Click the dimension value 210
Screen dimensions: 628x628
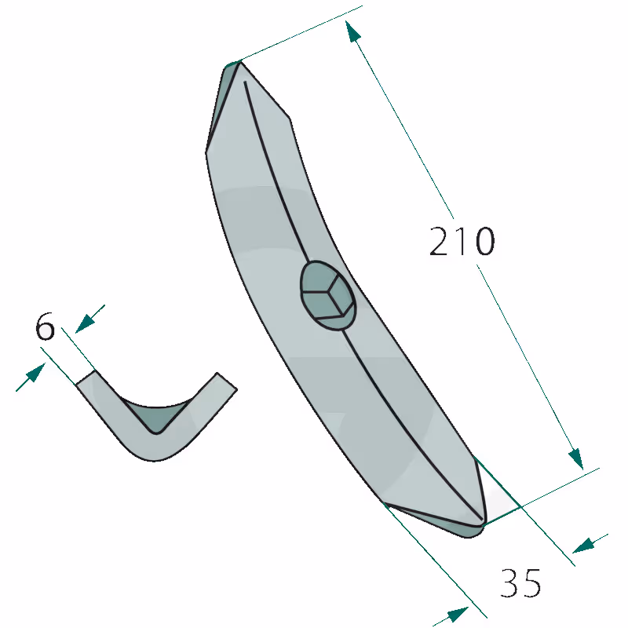point(462,241)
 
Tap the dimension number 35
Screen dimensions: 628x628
point(520,583)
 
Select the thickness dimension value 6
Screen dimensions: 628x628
point(45,326)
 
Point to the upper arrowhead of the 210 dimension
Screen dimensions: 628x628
point(352,31)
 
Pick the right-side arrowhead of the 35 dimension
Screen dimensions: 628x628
point(583,545)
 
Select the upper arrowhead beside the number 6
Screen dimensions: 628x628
point(86,323)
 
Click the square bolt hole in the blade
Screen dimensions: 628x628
point(327,296)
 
